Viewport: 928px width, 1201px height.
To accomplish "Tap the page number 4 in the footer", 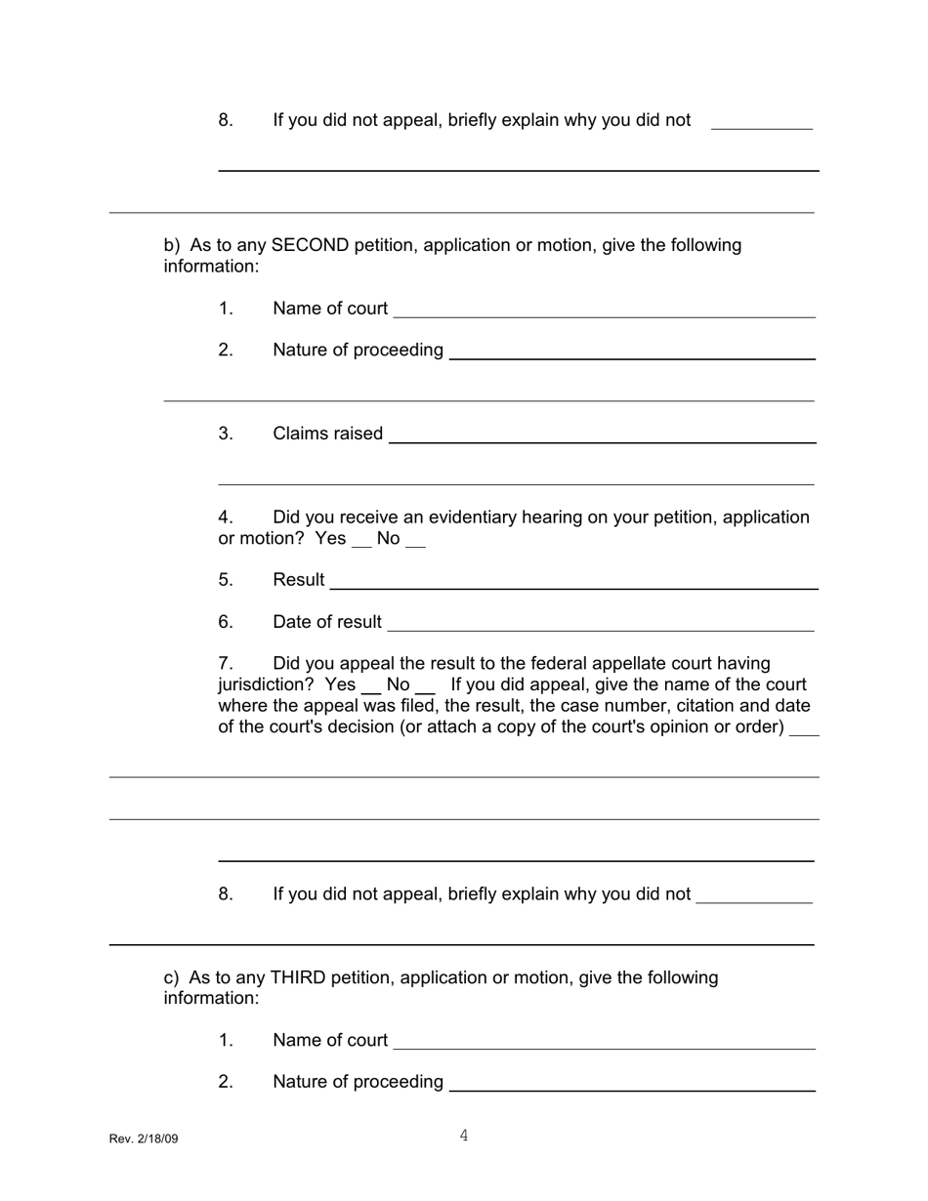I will [x=464, y=1136].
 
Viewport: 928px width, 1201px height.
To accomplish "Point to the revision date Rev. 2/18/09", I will [x=144, y=1139].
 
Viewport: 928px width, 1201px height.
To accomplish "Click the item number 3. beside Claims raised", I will [x=226, y=434].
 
